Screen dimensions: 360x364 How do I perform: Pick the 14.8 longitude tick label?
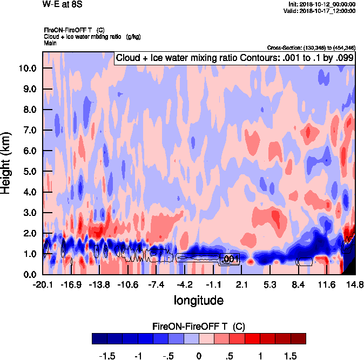point(354,284)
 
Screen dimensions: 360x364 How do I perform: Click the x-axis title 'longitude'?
point(198,300)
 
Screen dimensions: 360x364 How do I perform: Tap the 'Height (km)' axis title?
point(8,164)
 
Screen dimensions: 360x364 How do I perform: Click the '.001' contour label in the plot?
point(231,260)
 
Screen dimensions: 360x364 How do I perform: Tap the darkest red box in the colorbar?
point(299,338)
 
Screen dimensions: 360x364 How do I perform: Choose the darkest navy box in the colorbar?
point(99,338)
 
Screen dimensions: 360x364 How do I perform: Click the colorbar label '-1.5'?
point(108,356)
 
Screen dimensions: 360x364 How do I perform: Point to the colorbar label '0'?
point(199,356)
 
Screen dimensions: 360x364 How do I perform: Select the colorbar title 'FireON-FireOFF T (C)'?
point(199,327)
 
